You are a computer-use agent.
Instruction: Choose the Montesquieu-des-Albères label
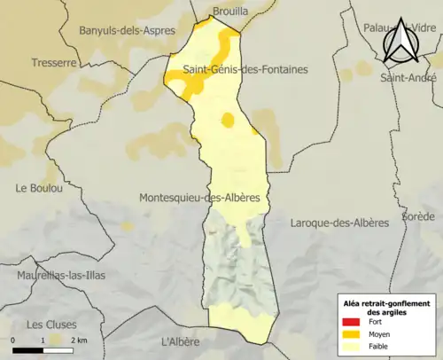199,198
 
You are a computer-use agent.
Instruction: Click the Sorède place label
418,215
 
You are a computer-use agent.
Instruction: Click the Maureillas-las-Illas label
60,275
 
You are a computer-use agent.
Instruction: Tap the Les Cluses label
51,324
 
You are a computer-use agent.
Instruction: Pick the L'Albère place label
183,341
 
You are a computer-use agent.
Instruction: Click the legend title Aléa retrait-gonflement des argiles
386,307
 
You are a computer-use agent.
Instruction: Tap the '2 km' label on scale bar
79,340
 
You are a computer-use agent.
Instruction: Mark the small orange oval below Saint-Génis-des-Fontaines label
228,120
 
